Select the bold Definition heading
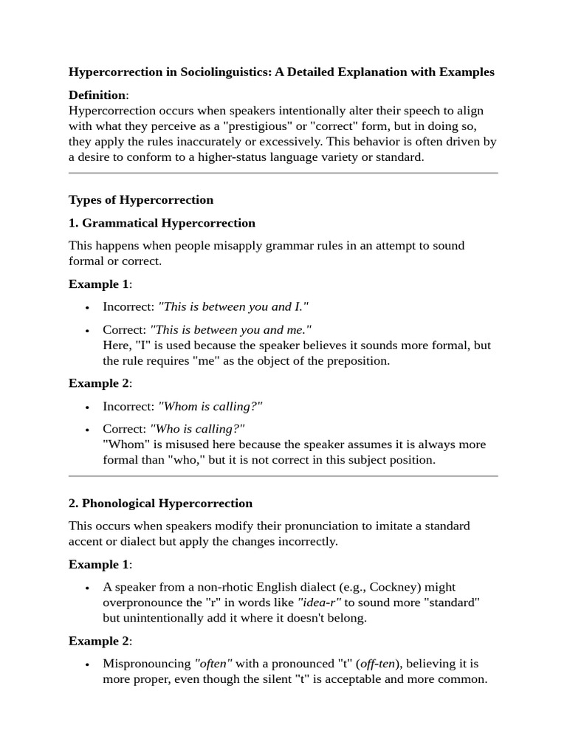coord(97,95)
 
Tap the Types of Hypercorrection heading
coord(141,200)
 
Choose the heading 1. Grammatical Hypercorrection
coord(162,223)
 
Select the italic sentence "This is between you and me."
coord(231,330)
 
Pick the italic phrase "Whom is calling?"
coord(210,406)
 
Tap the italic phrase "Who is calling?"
coord(197,429)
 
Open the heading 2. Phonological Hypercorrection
coord(160,504)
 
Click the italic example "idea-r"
coord(320,603)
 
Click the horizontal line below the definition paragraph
coord(283,173)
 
